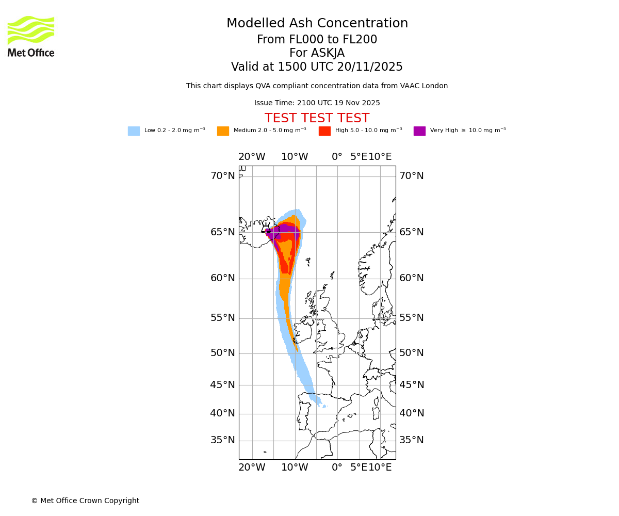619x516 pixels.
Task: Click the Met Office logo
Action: [31, 36]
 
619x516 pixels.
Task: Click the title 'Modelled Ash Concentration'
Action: [317, 23]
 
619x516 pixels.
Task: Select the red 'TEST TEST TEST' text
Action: [317, 118]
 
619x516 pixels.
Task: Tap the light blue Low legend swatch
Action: [134, 131]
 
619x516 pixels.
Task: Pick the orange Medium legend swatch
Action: [223, 131]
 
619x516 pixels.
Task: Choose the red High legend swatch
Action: [324, 131]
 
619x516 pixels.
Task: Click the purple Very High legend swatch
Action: [419, 131]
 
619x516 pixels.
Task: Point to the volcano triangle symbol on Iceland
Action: [266, 229]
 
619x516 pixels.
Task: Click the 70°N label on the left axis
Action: [222, 176]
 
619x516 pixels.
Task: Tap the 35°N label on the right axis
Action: [411, 440]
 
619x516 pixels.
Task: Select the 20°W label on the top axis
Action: [252, 157]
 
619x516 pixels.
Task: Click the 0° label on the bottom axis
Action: [337, 467]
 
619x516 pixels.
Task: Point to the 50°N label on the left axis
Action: [222, 353]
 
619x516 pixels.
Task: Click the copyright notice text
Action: [85, 501]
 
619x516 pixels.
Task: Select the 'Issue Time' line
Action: [317, 103]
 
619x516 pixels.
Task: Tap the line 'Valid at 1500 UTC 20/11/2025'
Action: [317, 67]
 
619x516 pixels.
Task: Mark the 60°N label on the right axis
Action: [411, 278]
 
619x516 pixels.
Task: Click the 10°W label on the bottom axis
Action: [295, 467]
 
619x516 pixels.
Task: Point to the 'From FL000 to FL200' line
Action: [317, 40]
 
